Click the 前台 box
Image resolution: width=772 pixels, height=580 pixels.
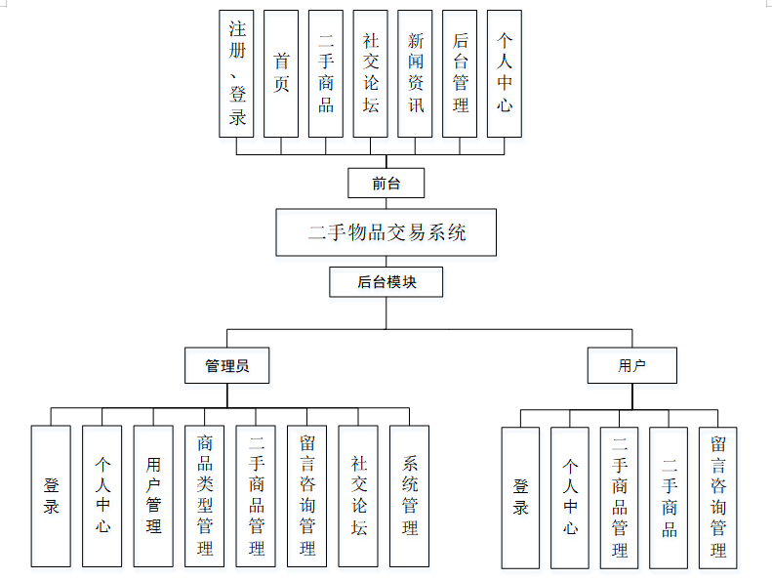pyautogui.click(x=386, y=183)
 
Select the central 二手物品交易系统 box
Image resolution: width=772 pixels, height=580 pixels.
pyautogui.click(x=386, y=232)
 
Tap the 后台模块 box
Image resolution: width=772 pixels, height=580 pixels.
pyautogui.click(x=386, y=282)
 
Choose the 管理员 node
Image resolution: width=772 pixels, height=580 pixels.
pyautogui.click(x=226, y=366)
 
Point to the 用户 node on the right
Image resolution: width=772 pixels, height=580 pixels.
pyautogui.click(x=631, y=366)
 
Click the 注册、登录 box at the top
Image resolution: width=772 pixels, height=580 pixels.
pyautogui.click(x=237, y=73)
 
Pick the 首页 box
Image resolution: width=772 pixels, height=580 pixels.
pyautogui.click(x=281, y=73)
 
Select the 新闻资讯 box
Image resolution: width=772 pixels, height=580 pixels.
pyautogui.click(x=415, y=73)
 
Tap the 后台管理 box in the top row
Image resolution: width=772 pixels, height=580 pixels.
pyautogui.click(x=460, y=73)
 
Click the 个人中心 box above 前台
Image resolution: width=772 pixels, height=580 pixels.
pyautogui.click(x=504, y=73)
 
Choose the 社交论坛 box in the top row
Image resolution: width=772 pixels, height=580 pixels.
pyautogui.click(x=370, y=73)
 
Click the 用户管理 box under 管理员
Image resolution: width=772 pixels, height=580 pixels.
pyautogui.click(x=153, y=496)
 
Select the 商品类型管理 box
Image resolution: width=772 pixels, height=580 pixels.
pyautogui.click(x=204, y=496)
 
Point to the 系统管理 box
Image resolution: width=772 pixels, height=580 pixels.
pyautogui.click(x=409, y=496)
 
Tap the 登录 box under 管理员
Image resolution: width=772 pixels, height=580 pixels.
pyautogui.click(x=51, y=496)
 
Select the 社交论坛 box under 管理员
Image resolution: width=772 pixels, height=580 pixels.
pyautogui.click(x=358, y=496)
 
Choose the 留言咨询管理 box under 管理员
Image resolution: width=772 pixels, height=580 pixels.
pyautogui.click(x=306, y=496)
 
